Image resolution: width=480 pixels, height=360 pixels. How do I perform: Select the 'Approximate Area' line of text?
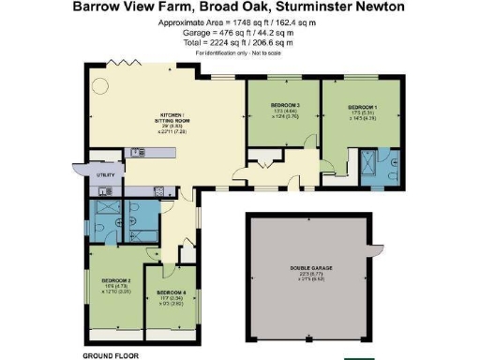(239, 22)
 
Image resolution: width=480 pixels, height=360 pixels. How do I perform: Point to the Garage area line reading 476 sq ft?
(239, 33)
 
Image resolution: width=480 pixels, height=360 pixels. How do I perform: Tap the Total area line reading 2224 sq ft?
(239, 43)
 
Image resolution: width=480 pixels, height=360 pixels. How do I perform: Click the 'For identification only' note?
(239, 52)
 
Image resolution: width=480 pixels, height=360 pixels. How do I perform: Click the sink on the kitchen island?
(137, 152)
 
